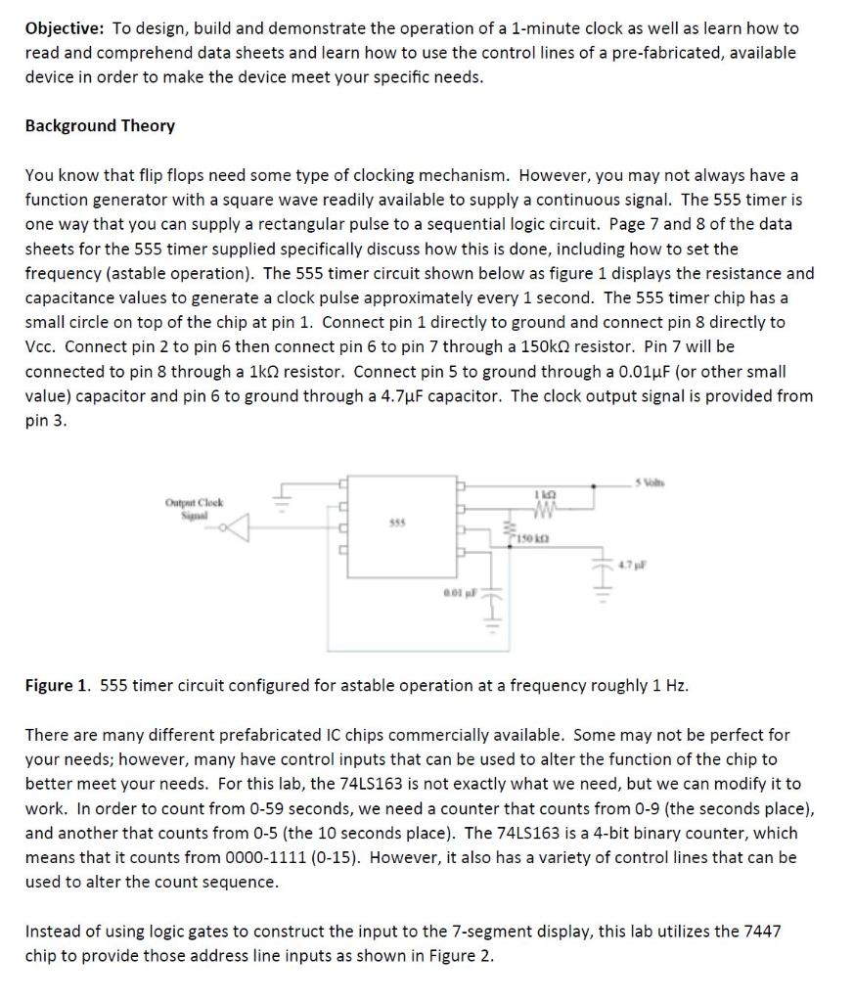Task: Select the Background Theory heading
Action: click(x=100, y=125)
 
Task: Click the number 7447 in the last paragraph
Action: click(x=760, y=931)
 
